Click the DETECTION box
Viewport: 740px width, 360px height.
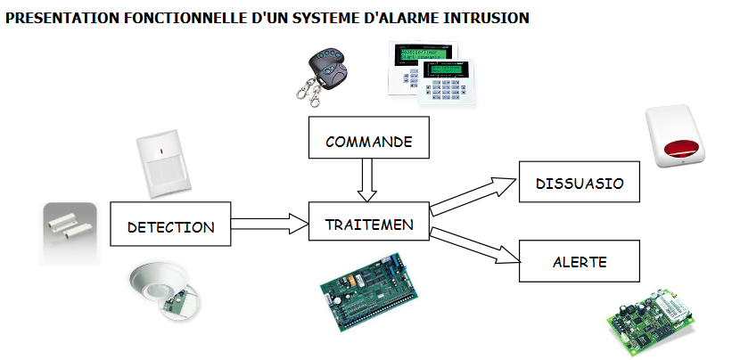(x=170, y=225)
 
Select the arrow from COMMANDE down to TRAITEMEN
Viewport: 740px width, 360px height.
(x=368, y=181)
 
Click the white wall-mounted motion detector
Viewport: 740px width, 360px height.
(x=164, y=164)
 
